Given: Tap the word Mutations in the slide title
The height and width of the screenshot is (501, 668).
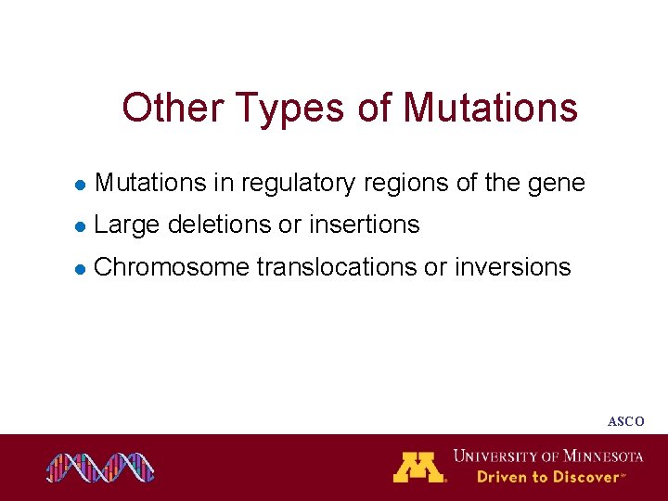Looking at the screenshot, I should coord(490,108).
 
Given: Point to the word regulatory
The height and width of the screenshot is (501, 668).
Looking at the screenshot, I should coord(297,184).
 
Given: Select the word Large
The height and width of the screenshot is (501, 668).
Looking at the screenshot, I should coord(127,225).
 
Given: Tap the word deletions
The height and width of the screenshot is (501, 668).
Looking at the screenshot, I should coord(219,225).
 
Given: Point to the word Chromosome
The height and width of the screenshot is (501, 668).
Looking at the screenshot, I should coord(172,267).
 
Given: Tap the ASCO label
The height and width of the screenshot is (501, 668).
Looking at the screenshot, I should coord(625,421).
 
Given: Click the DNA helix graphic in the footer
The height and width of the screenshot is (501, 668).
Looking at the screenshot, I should coord(101,468).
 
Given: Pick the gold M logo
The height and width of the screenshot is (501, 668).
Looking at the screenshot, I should coord(419,467).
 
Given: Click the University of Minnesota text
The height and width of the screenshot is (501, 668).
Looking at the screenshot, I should coord(548,456).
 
